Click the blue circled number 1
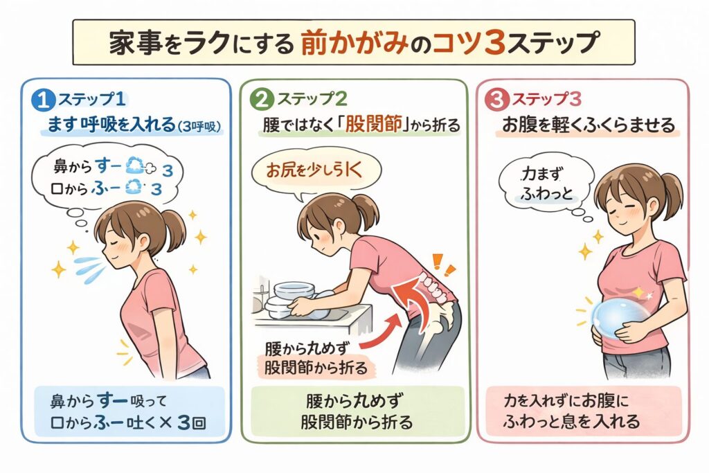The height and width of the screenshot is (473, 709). (x=43, y=100)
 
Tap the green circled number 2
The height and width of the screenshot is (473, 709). (x=262, y=100)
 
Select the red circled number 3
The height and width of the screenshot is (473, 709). (x=496, y=100)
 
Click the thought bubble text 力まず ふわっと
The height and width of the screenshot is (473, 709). (x=547, y=184)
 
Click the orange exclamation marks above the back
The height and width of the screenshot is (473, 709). (x=443, y=265)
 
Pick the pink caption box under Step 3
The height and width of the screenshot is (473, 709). (x=584, y=411)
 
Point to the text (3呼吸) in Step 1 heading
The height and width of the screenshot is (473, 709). (x=199, y=127)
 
